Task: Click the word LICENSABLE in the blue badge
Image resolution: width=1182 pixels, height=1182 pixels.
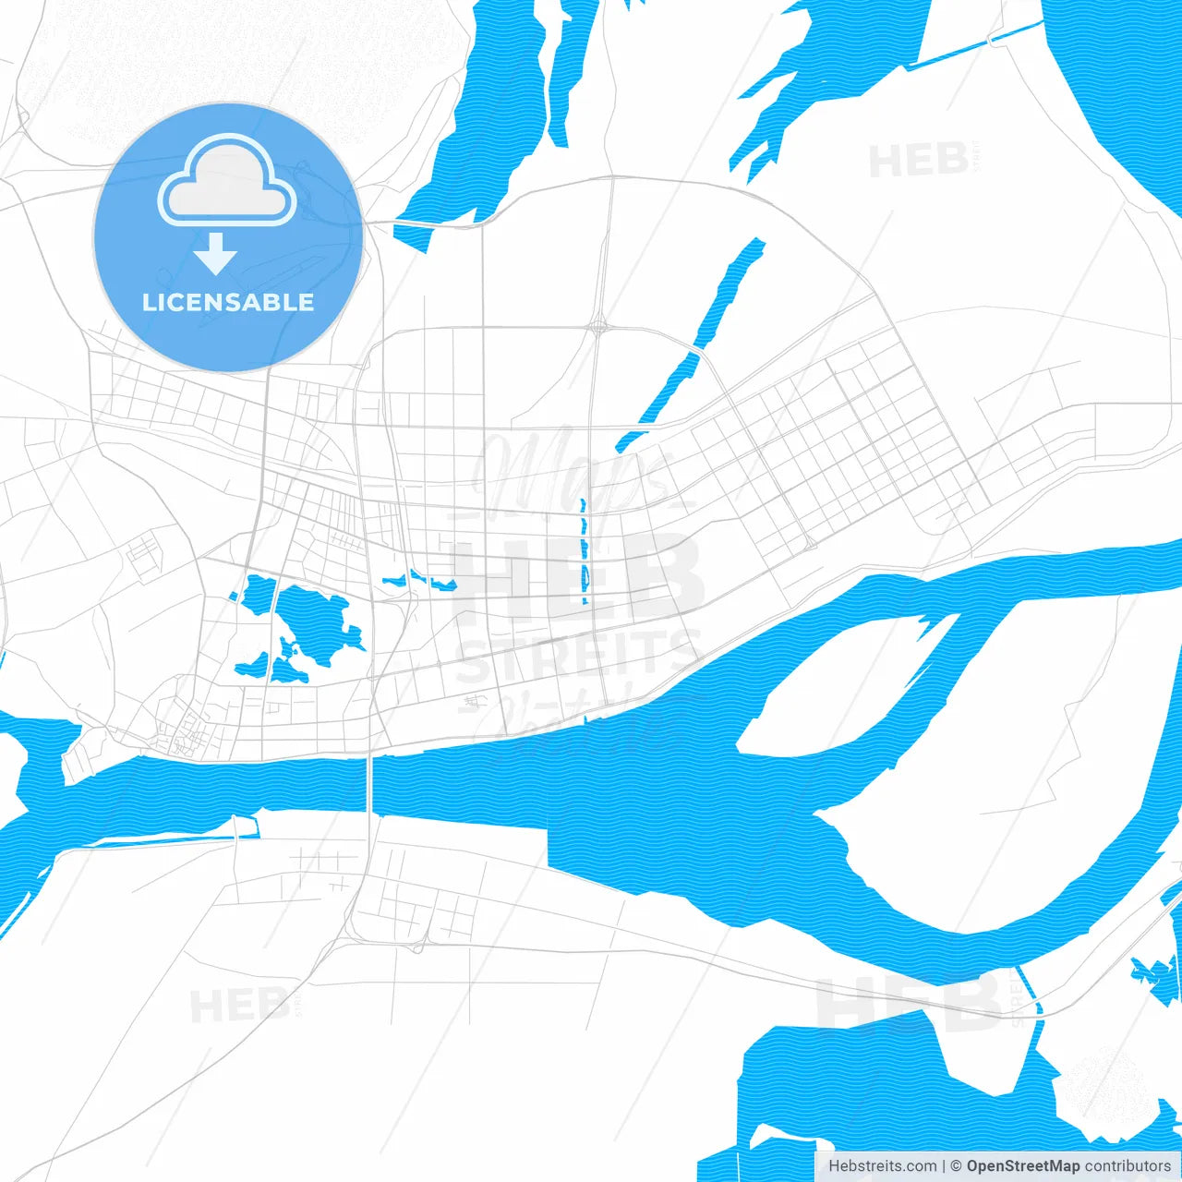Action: pyautogui.click(x=228, y=302)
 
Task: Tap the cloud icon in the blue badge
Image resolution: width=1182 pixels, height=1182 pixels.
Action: pyautogui.click(x=227, y=183)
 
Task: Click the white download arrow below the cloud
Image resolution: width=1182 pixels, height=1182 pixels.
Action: pyautogui.click(x=215, y=254)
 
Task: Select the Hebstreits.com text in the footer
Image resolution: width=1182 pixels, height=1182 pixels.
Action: pyautogui.click(x=882, y=1166)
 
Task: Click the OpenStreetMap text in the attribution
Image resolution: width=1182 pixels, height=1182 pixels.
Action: pyautogui.click(x=1023, y=1166)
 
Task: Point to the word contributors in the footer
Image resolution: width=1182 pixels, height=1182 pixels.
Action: pyautogui.click(x=1128, y=1166)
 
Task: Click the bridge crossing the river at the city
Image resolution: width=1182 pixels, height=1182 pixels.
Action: pyautogui.click(x=370, y=785)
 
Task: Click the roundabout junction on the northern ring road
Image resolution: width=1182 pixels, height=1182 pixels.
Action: pyautogui.click(x=599, y=325)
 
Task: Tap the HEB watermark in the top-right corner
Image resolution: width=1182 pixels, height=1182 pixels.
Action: pyautogui.click(x=919, y=161)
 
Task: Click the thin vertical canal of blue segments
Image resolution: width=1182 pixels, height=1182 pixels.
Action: pyautogui.click(x=584, y=554)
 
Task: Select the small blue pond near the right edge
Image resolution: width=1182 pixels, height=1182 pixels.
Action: pyautogui.click(x=1155, y=974)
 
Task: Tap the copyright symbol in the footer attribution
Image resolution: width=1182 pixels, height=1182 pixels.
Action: pyautogui.click(x=956, y=1166)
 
